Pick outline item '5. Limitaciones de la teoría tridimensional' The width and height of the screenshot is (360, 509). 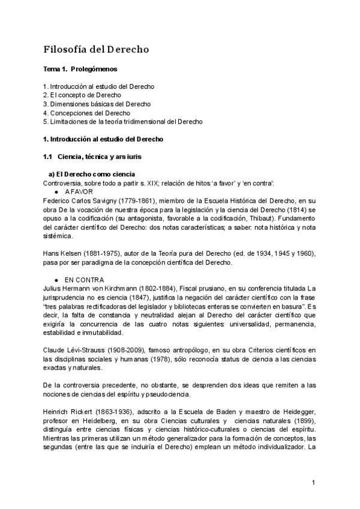[x=123, y=121]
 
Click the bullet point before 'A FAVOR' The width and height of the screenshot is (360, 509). [x=56, y=191]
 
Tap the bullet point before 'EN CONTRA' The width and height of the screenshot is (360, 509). [x=56, y=280]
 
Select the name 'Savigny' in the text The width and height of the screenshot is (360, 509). [x=102, y=200]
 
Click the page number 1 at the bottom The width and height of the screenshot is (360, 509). [x=313, y=483]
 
